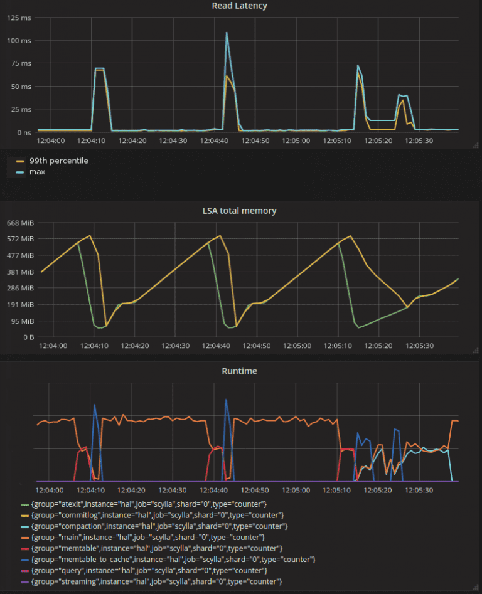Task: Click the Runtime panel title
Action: tap(239, 371)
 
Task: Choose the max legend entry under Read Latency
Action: tap(37, 171)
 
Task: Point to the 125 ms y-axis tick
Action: tap(18, 18)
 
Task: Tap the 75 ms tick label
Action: tap(19, 63)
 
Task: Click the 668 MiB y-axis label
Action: tap(20, 223)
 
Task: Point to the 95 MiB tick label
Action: tap(22, 321)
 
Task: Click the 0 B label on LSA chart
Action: tap(28, 337)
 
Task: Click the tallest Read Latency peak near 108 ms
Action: tap(227, 33)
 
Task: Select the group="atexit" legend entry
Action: tap(149, 504)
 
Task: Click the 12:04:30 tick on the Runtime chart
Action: tap(173, 490)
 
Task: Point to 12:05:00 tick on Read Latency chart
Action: tap(296, 141)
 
